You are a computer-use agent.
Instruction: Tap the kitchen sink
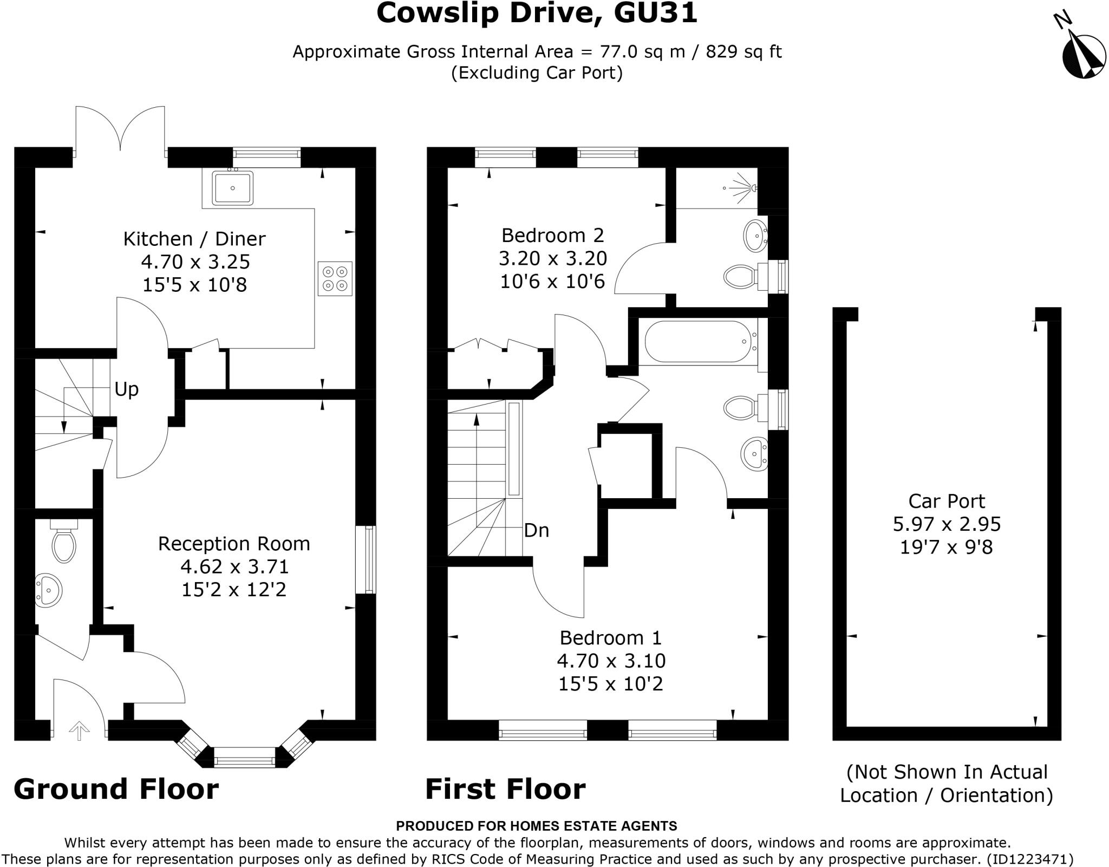pyautogui.click(x=233, y=188)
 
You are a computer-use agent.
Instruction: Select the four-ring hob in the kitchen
pyautogui.click(x=335, y=278)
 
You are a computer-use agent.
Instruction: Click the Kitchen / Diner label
pyautogui.click(x=194, y=239)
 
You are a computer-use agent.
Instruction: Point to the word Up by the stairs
pyautogui.click(x=127, y=389)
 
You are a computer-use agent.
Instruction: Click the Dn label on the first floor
pyautogui.click(x=536, y=530)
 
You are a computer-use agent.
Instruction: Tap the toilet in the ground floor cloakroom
pyautogui.click(x=63, y=543)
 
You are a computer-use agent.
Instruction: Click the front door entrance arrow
pyautogui.click(x=80, y=731)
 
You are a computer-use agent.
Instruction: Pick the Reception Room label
pyautogui.click(x=234, y=544)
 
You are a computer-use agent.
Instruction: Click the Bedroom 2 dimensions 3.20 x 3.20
pyautogui.click(x=552, y=258)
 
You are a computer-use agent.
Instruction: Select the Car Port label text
pyautogui.click(x=946, y=501)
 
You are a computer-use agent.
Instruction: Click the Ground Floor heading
pyautogui.click(x=116, y=789)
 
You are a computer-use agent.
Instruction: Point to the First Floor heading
pyautogui.click(x=505, y=789)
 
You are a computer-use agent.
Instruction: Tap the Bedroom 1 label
pyautogui.click(x=610, y=638)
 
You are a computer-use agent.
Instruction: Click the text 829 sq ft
pyautogui.click(x=743, y=52)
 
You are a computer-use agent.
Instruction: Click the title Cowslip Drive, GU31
pyautogui.click(x=537, y=13)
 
